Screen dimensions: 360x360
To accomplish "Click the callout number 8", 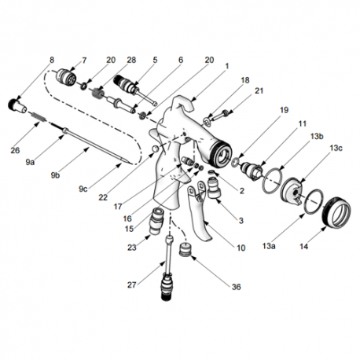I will click(x=52, y=60).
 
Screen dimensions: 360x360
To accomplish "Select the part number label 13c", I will click(x=336, y=148).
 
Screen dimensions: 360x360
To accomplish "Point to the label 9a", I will click(x=30, y=161).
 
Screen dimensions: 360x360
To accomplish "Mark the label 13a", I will click(x=271, y=246).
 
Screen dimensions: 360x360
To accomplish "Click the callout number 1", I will click(x=226, y=66).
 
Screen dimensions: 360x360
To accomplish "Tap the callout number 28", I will click(x=131, y=60).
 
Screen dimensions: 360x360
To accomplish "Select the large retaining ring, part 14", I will click(x=330, y=211).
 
